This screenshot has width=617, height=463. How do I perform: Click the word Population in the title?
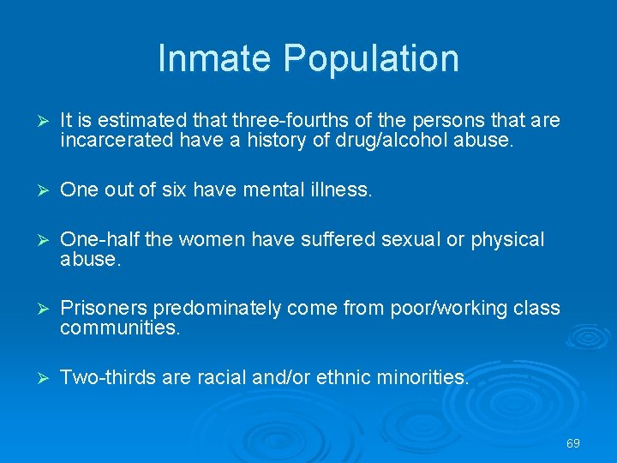click(x=371, y=58)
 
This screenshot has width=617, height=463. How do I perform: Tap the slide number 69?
click(x=573, y=443)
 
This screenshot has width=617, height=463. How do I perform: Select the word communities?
click(x=120, y=327)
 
